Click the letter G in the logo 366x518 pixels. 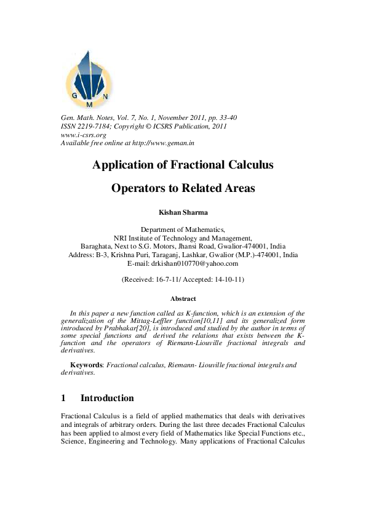[x=74, y=95]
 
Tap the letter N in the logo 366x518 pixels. [x=105, y=97]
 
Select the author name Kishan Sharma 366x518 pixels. [x=183, y=213]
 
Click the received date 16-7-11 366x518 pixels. [x=170, y=279]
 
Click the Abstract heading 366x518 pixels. [x=183, y=298]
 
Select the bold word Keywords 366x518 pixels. [x=87, y=365]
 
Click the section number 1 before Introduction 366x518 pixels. [x=64, y=398]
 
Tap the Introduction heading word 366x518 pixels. [x=107, y=398]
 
